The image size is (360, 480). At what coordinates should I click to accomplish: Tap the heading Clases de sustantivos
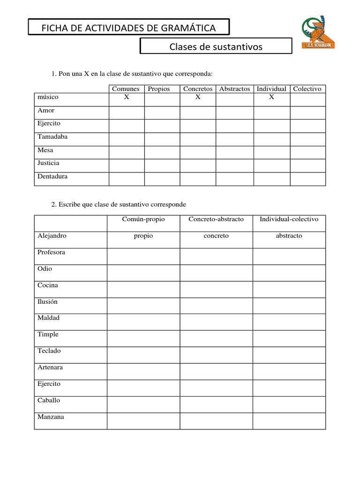tap(216, 46)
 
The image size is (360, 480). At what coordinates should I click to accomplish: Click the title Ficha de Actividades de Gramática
tap(129, 28)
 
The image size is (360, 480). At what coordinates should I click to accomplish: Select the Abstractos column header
tap(234, 89)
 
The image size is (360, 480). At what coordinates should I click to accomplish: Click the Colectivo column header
tap(307, 89)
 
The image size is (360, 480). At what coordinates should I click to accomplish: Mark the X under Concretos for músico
tap(198, 97)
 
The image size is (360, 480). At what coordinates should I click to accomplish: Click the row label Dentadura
tap(52, 176)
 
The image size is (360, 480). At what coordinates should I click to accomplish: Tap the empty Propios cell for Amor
tap(162, 112)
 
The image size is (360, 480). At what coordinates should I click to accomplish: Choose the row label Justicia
tap(48, 163)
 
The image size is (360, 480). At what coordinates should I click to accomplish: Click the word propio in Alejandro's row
tap(143, 236)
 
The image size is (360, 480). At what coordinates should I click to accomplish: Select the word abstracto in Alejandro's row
tap(289, 236)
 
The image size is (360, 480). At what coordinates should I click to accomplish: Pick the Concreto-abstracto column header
tap(216, 219)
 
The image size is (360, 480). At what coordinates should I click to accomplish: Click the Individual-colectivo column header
tap(289, 219)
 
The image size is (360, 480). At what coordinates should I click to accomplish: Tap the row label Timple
tap(48, 334)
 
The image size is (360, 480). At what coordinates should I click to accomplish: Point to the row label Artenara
tap(50, 367)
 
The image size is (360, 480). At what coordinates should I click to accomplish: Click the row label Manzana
tap(51, 417)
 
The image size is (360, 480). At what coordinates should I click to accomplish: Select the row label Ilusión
tap(47, 301)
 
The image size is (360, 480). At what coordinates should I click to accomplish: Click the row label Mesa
tap(45, 150)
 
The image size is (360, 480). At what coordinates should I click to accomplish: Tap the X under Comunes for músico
tap(126, 97)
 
